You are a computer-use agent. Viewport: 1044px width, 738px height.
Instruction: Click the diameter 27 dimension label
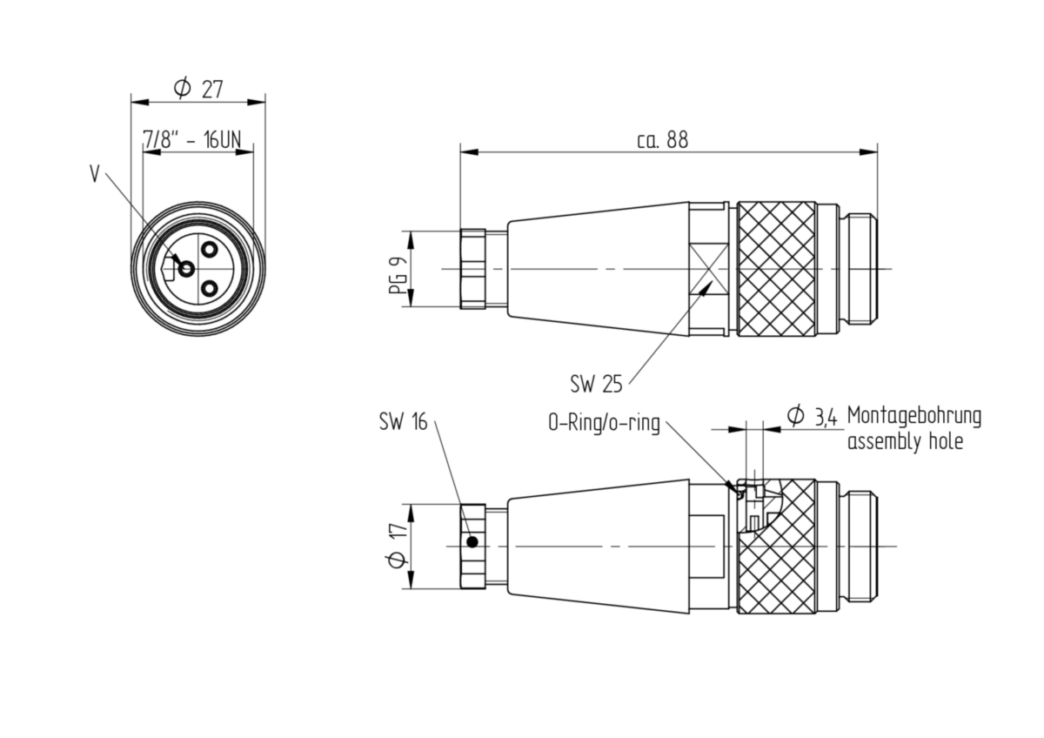click(x=198, y=89)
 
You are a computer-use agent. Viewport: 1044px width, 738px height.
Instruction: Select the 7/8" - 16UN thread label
click(x=192, y=139)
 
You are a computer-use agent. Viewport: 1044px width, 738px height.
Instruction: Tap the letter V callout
click(x=95, y=174)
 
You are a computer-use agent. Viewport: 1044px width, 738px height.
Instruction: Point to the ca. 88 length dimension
click(x=662, y=139)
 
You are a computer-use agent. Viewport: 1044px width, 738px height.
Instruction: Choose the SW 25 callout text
click(x=596, y=384)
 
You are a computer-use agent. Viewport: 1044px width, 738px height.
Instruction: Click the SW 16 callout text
click(x=403, y=421)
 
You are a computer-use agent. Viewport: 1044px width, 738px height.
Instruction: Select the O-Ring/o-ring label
click(x=604, y=423)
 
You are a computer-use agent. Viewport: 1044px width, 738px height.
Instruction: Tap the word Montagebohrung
click(x=914, y=416)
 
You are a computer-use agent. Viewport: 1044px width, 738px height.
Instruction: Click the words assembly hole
click(x=905, y=441)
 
